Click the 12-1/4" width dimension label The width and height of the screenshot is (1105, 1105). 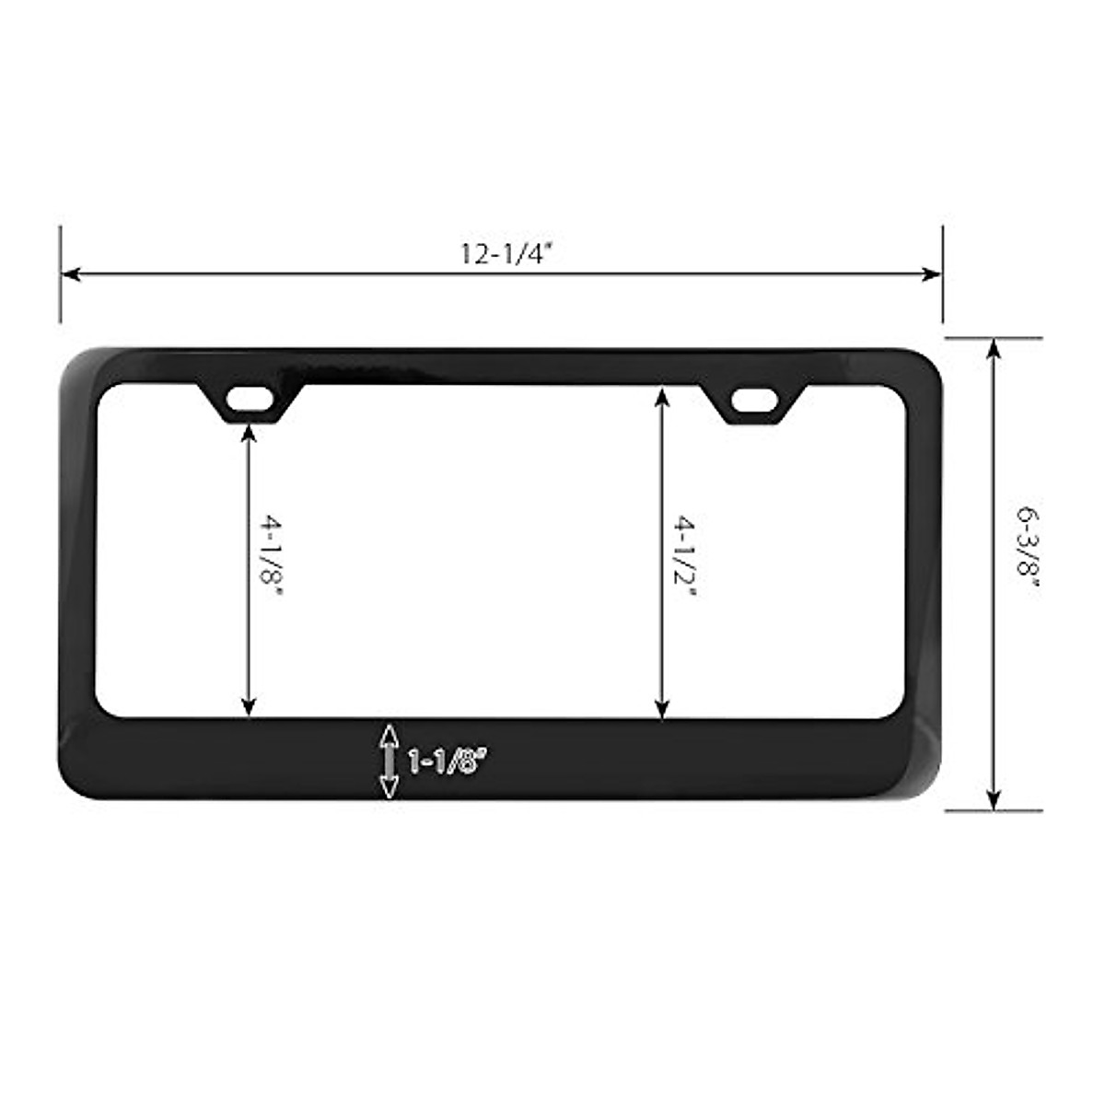pyautogui.click(x=503, y=253)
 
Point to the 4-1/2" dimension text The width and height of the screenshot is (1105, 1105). pyautogui.click(x=683, y=555)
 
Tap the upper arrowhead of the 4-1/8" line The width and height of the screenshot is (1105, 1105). pyautogui.click(x=247, y=431)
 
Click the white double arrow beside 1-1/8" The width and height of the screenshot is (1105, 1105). pyautogui.click(x=389, y=762)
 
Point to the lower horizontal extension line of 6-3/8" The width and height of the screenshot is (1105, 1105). pyautogui.click(x=994, y=811)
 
